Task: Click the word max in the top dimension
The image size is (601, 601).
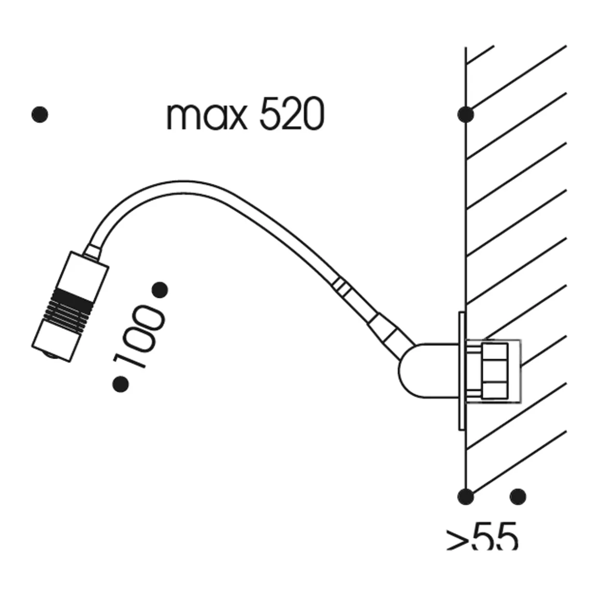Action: pos(206,117)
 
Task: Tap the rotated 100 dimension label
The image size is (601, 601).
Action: pos(139,337)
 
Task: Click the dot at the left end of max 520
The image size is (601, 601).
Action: pos(40,115)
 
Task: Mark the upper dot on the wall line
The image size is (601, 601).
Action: pos(465,115)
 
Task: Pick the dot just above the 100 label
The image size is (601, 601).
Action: pos(160,290)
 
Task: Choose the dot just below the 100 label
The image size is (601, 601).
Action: pos(121,384)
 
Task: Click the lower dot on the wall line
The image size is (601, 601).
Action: pos(465,496)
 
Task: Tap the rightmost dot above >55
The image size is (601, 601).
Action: pos(518,496)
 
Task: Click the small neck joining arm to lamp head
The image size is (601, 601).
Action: pos(93,252)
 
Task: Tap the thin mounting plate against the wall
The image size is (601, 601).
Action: pos(461,370)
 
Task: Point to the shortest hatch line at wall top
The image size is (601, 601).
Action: pos(480,55)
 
